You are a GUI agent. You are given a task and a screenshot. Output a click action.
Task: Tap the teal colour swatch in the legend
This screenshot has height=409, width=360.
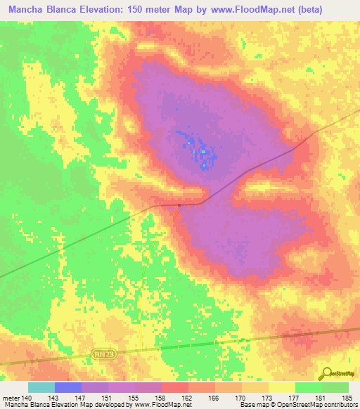[x=41, y=387]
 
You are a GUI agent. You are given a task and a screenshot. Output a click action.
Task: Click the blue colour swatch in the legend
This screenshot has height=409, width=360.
[x=68, y=387]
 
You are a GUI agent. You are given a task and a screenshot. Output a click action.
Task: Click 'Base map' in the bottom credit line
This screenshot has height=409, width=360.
[x=251, y=405]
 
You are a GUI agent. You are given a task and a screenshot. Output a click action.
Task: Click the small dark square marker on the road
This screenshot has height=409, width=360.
[x=179, y=205]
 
